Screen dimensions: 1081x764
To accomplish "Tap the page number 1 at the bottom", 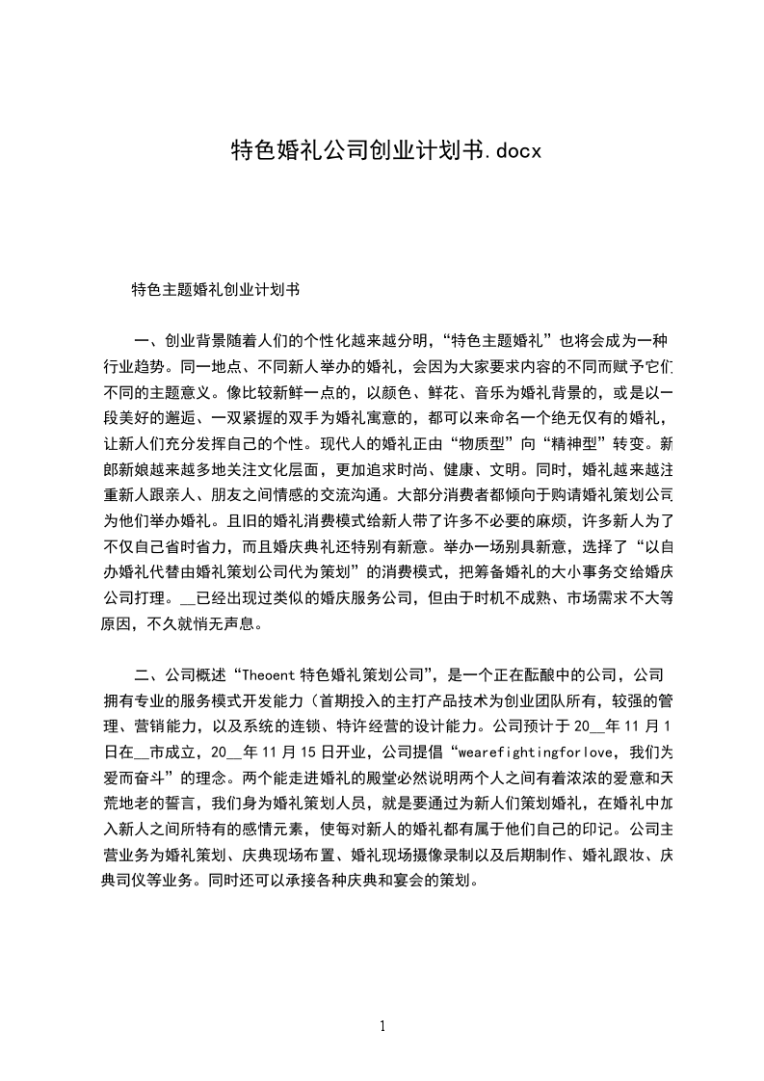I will (382, 1026).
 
